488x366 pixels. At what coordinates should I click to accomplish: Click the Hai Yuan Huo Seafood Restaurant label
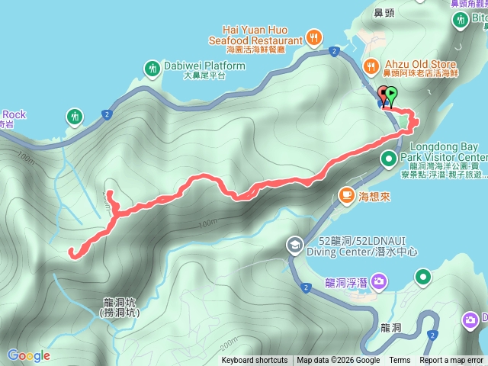tap(254, 34)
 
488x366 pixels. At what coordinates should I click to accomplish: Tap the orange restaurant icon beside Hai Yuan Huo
tap(313, 36)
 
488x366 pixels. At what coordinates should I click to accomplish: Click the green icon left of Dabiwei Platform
tap(152, 68)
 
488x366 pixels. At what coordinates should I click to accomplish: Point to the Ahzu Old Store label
tap(419, 65)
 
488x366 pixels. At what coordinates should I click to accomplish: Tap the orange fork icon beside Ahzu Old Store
tap(371, 66)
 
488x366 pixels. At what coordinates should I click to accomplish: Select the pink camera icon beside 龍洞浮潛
tap(380, 283)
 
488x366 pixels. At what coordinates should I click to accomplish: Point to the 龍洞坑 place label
tap(120, 307)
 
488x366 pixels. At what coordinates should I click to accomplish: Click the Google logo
tap(28, 355)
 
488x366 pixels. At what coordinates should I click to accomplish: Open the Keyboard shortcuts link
tap(255, 361)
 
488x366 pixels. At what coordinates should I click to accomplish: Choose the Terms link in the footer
tap(400, 361)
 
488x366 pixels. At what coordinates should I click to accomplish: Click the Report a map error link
tap(451, 361)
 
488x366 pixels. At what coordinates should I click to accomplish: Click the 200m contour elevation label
tap(228, 338)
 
